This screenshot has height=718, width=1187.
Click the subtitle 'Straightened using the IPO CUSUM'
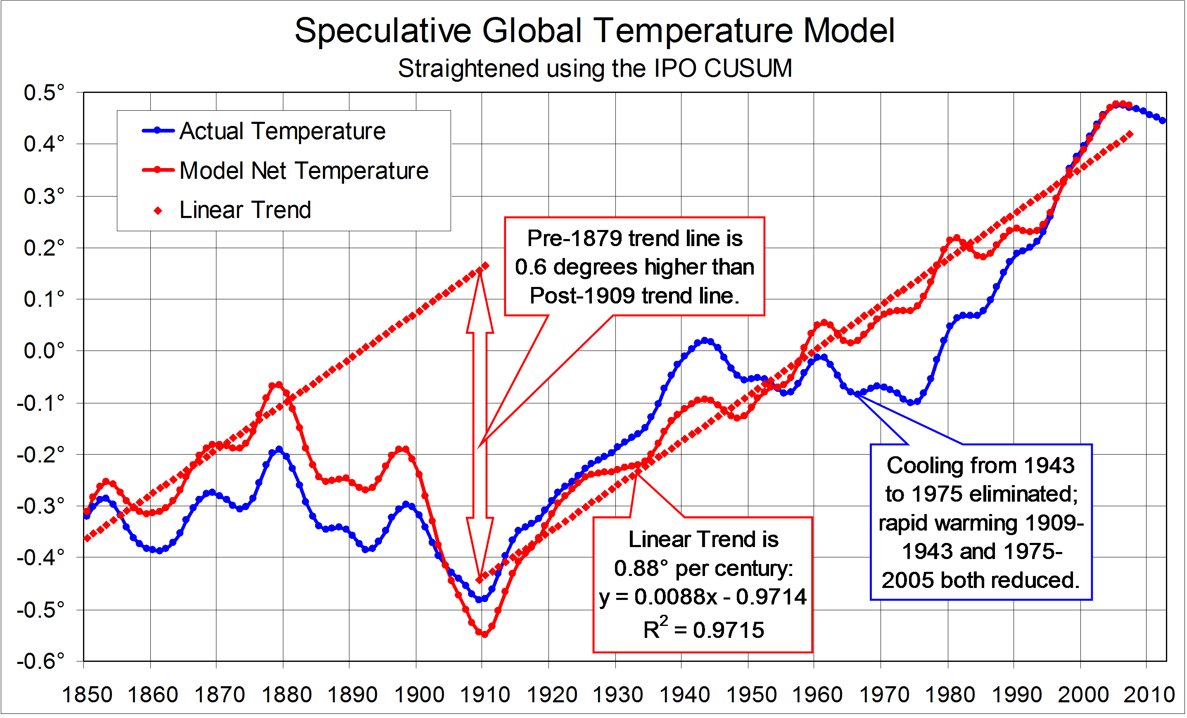pos(594,69)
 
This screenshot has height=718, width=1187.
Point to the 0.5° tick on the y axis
pos(44,92)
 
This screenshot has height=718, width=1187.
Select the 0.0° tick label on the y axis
pos(44,351)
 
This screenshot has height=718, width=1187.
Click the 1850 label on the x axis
pos(87,695)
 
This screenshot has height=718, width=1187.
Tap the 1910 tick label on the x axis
pos(484,695)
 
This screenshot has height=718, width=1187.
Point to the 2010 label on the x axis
pos(1149,695)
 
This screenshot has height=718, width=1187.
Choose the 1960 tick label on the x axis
pos(817,695)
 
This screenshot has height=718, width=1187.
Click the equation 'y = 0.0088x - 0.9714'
pos(703,597)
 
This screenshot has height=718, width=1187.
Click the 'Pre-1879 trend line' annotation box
pos(634,267)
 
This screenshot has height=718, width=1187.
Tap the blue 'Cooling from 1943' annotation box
pos(981,522)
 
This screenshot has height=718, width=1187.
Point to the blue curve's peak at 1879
pos(279,449)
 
